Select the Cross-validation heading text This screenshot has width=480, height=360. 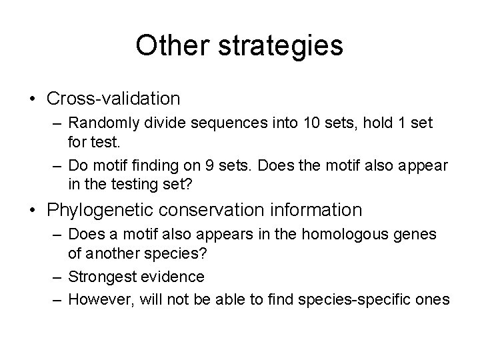coord(113,99)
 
